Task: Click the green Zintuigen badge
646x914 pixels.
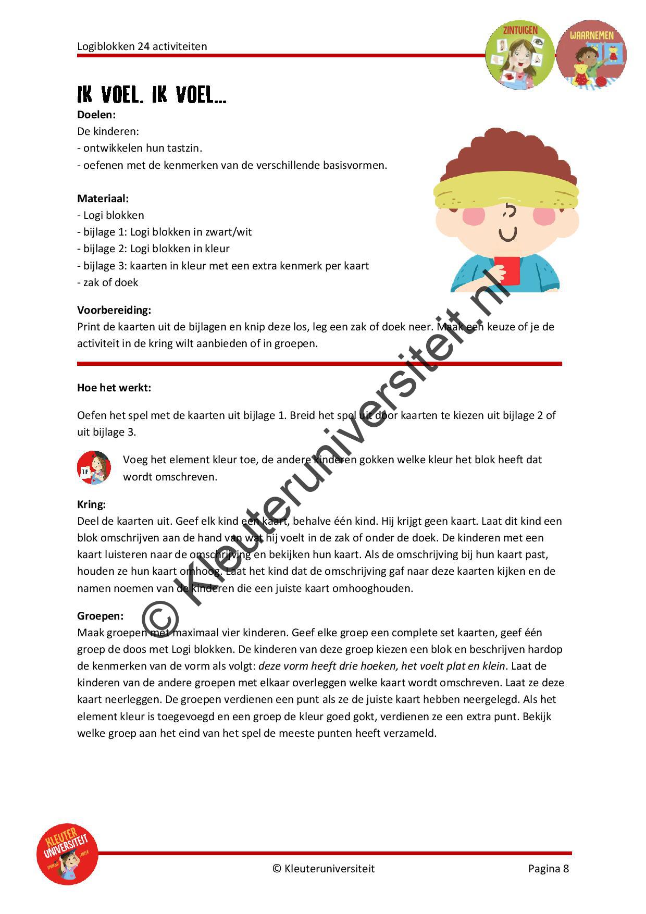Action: click(519, 54)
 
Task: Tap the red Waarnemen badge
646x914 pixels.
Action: click(591, 54)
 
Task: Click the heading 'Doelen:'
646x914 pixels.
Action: click(96, 114)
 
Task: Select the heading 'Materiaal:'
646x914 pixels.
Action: click(103, 198)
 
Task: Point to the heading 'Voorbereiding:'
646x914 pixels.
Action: click(114, 310)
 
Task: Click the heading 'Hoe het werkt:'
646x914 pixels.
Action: click(114, 388)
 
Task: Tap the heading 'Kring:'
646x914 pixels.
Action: click(91, 504)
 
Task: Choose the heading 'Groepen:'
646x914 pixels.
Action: click(100, 616)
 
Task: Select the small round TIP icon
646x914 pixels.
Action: click(94, 467)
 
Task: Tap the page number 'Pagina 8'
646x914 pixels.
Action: click(548, 869)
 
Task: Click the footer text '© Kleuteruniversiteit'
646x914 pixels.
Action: click(323, 869)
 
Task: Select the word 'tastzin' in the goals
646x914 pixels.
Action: click(183, 148)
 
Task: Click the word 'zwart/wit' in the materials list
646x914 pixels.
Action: click(229, 232)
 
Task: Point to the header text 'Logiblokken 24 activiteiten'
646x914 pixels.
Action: click(142, 46)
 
